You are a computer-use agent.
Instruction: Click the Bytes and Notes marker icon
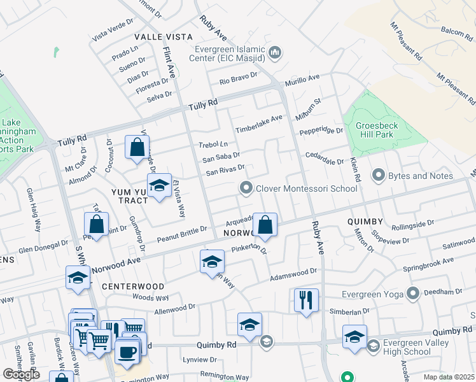point(379,175)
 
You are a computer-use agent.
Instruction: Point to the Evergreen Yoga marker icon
point(413,293)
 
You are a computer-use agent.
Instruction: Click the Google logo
point(21,374)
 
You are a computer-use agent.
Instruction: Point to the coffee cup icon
point(127,351)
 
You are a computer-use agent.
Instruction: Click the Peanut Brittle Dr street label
point(183,234)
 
